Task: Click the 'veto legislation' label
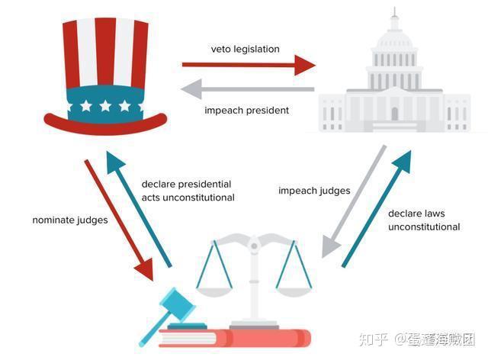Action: click(x=245, y=49)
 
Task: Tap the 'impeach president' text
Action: click(x=246, y=111)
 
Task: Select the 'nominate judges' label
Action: click(x=69, y=220)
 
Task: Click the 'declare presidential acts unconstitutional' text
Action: click(x=188, y=191)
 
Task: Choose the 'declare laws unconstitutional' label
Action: click(x=424, y=220)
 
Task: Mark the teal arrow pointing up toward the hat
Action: click(x=137, y=206)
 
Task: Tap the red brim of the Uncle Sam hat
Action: click(x=104, y=120)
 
